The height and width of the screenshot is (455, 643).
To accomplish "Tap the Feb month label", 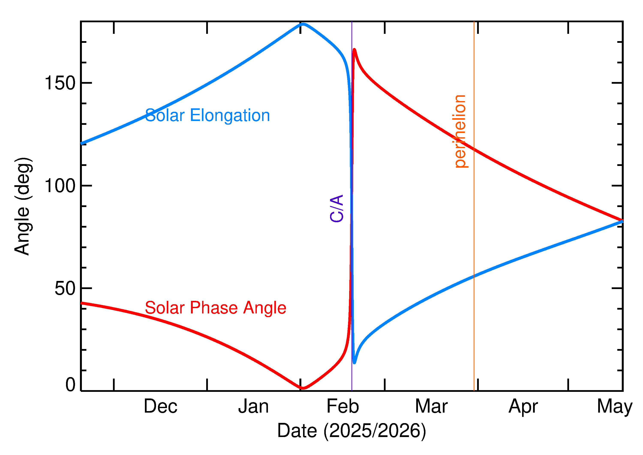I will tap(343, 407).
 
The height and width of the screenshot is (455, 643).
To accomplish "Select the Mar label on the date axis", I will tap(431, 407).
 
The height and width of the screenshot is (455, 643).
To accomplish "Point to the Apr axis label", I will tap(523, 407).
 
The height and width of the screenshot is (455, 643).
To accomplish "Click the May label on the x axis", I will tap(615, 407).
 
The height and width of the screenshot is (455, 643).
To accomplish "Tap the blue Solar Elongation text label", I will tap(207, 115).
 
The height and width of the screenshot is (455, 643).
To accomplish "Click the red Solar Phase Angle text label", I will tap(215, 308).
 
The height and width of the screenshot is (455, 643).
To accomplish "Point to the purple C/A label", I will tap(337, 209).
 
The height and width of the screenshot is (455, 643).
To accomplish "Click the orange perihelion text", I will tap(460, 131).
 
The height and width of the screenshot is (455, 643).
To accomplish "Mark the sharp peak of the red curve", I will tap(355, 50).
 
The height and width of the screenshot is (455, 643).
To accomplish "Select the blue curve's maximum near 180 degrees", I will tap(303, 24).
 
